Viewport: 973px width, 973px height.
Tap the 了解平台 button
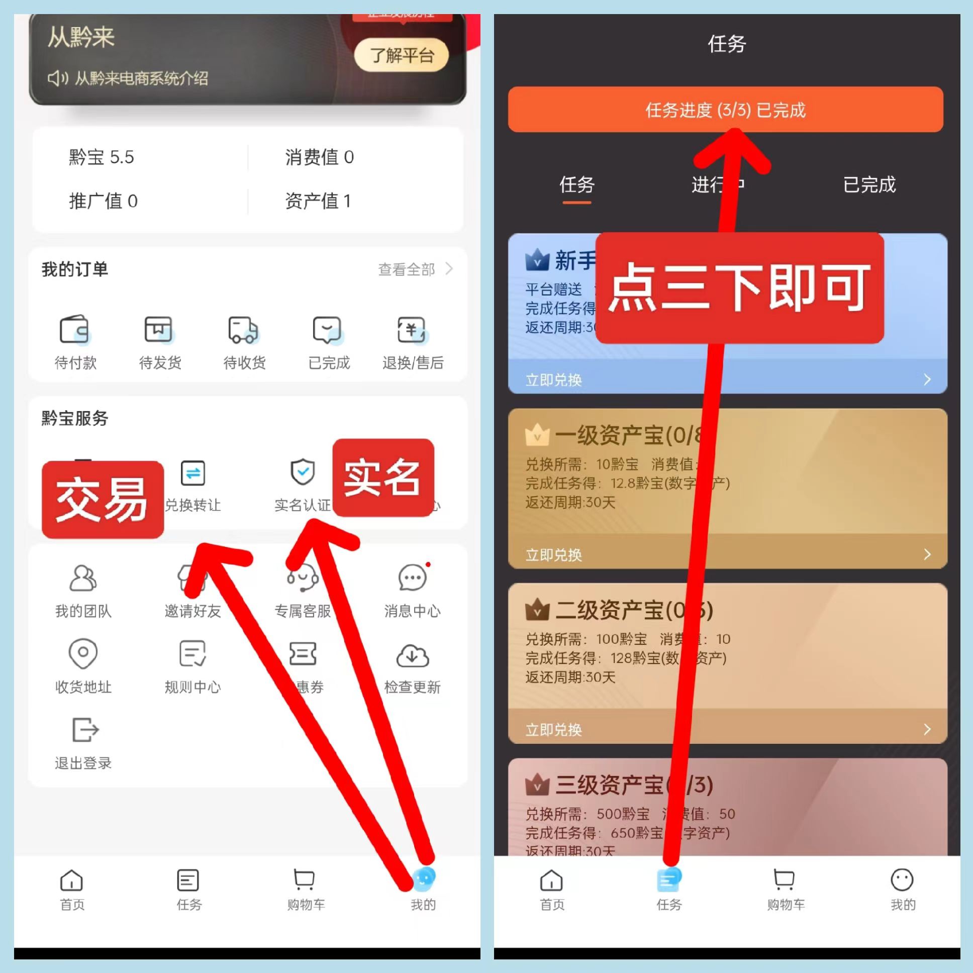coord(402,55)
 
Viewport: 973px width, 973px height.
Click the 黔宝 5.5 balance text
coord(101,157)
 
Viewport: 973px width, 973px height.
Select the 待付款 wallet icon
coord(74,330)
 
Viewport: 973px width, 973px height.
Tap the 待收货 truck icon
coord(243,330)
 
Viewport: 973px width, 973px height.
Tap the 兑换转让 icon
coord(193,473)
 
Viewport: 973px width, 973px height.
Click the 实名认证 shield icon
coord(303,472)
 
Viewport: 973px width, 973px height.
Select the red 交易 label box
coord(103,500)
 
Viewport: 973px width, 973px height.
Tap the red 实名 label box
coord(383,477)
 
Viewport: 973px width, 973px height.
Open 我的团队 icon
coord(83,578)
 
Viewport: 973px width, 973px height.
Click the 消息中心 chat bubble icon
coord(413,578)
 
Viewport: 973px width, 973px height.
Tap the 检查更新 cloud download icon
coord(413,655)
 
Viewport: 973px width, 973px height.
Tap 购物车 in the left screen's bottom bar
coord(305,890)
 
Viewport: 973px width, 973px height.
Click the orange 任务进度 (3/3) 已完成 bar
coord(725,109)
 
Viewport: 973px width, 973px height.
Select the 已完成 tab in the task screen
coord(869,185)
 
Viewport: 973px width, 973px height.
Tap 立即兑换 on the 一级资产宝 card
coord(554,554)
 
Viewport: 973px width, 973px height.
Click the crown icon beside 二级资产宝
coord(537,610)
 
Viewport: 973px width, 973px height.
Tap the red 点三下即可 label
coord(739,288)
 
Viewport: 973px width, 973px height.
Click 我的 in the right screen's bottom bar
coord(902,890)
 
